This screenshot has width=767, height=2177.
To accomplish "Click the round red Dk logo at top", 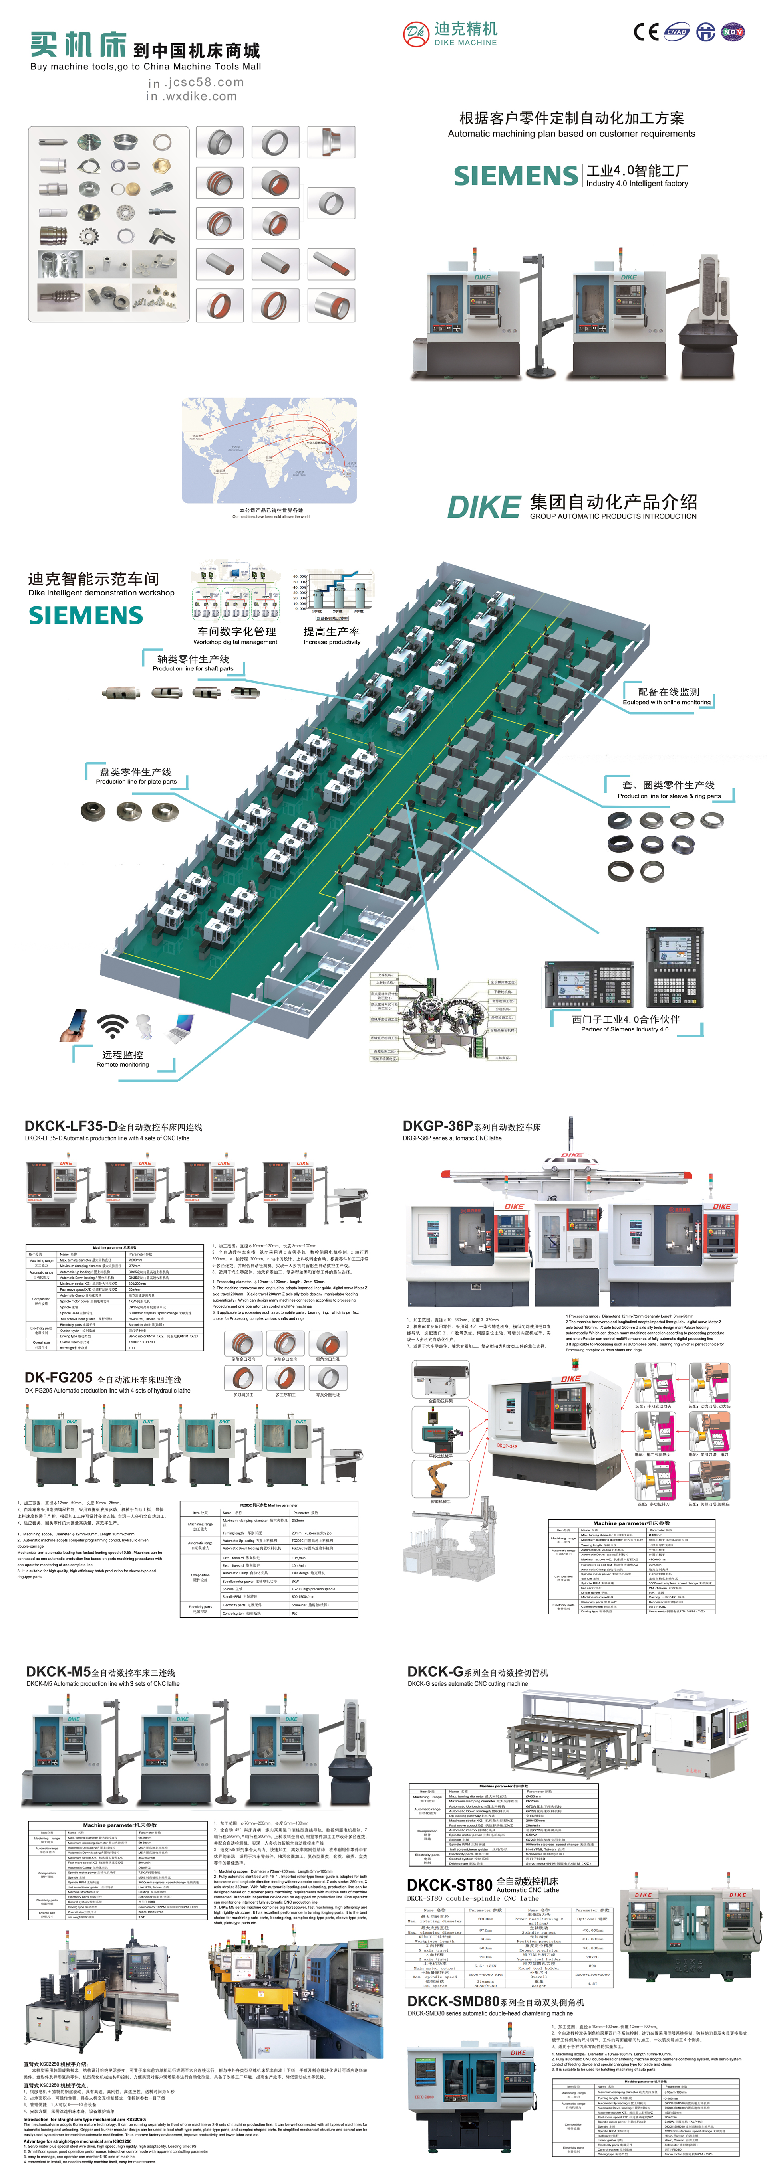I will [x=415, y=34].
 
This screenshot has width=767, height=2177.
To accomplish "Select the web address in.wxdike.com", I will [x=192, y=96].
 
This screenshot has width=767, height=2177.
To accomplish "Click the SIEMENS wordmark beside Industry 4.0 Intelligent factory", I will [x=516, y=176].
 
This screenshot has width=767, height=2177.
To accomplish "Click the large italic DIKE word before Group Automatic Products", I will [x=483, y=507].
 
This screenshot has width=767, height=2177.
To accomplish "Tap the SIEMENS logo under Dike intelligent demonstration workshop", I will [x=86, y=615].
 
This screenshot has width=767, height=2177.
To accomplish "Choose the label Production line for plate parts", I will [x=136, y=781].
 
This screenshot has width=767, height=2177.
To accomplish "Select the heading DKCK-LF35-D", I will [x=71, y=1126].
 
